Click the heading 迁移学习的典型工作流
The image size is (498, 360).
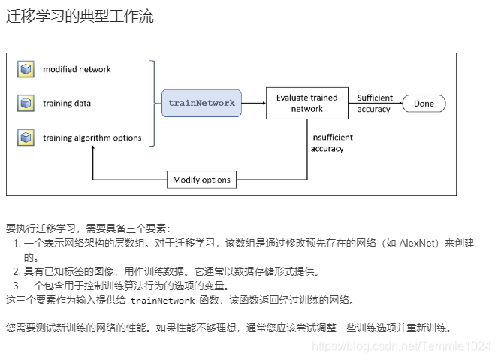tap(80, 16)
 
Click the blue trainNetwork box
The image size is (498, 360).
tap(201, 102)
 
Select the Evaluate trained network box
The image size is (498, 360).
tap(306, 103)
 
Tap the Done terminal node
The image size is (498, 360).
tap(424, 104)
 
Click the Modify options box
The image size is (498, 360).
tap(202, 180)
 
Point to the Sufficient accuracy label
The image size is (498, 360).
tap(374, 104)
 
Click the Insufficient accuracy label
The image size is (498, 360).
tap(331, 143)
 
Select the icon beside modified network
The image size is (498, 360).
tap(27, 70)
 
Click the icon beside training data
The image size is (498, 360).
tap(27, 104)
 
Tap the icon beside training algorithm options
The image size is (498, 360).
tap(27, 138)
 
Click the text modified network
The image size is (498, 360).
tap(77, 70)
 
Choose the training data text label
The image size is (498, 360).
tap(67, 104)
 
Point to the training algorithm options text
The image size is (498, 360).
tap(92, 138)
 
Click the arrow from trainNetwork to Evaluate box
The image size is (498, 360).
tap(254, 103)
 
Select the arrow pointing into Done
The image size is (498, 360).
tap(398, 104)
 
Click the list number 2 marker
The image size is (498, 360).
tap(17, 271)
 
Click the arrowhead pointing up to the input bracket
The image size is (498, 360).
tap(92, 150)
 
